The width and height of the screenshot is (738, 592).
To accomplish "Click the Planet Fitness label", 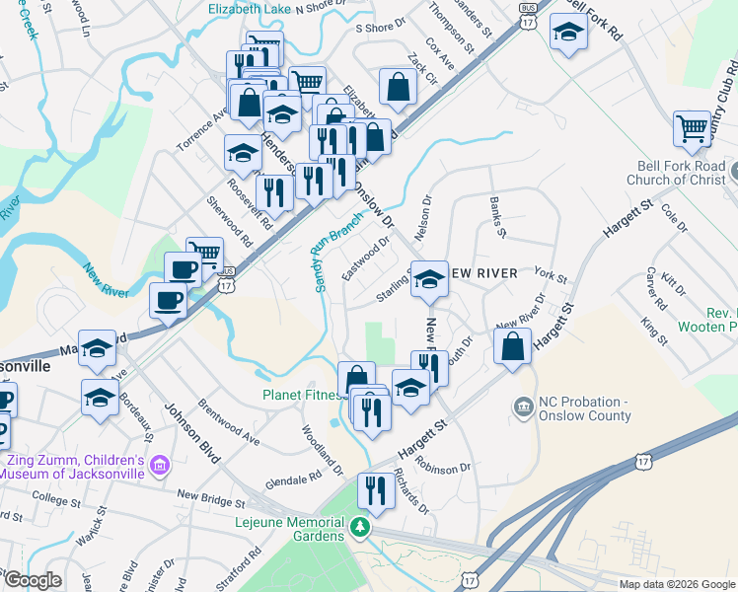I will click(299, 395).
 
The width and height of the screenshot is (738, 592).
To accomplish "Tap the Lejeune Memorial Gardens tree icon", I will click(361, 529).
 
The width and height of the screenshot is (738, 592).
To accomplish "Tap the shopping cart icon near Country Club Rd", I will click(694, 128).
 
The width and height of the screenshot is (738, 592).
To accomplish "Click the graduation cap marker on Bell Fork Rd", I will click(567, 35).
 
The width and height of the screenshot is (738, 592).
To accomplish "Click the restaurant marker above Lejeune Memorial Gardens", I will click(376, 489).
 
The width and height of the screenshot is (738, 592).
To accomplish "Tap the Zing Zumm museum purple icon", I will click(162, 464).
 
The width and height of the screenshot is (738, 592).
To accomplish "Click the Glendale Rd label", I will click(294, 479).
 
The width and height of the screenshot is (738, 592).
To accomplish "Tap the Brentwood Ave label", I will click(228, 422).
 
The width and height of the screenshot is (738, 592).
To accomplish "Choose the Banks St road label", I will click(497, 218).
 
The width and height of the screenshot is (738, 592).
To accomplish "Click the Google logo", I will click(33, 579).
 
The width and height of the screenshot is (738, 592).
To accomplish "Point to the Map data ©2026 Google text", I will click(676, 584).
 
